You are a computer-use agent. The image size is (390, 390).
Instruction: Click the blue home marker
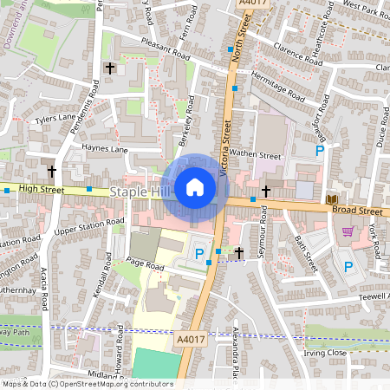[x=195, y=186]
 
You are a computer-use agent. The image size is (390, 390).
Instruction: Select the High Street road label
[x=42, y=187]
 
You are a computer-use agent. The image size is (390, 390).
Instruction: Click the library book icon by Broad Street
[x=331, y=200]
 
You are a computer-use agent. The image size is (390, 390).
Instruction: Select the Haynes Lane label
[x=105, y=149]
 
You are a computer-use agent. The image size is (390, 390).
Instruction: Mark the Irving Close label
[x=325, y=354]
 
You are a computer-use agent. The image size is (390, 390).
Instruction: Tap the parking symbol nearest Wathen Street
[x=320, y=151]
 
